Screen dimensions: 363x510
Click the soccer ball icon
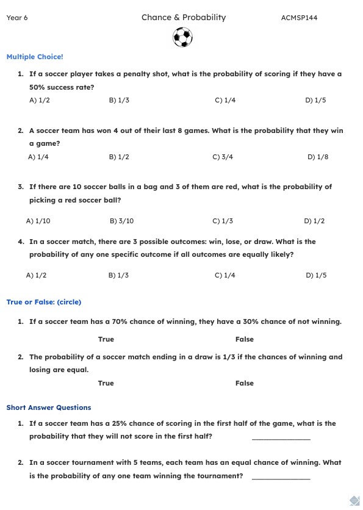pos(182,38)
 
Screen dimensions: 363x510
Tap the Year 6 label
pos(17,18)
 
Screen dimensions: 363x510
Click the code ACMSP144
pos(299,18)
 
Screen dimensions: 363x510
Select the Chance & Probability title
pos(184,17)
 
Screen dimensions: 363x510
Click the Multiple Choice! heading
pos(35,57)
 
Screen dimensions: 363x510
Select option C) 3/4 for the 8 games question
pos(223,157)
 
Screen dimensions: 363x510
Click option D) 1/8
pos(318,157)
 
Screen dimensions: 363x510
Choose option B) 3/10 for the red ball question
pos(121,221)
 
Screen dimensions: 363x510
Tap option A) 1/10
pos(38,221)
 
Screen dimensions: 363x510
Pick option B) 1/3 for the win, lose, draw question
pos(118,275)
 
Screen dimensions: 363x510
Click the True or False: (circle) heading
pos(43,302)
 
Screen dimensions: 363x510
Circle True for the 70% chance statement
pos(106,339)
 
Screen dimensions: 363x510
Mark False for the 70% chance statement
pos(245,339)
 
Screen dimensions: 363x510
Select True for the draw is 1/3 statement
pos(106,383)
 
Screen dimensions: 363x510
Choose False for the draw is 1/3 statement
pos(245,383)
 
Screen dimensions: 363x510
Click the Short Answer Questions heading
pos(49,408)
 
